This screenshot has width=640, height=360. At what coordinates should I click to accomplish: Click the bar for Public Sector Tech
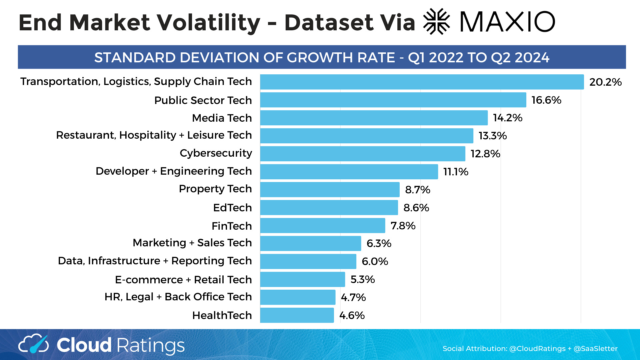coord(393,100)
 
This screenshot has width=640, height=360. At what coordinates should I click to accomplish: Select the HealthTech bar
coord(297,315)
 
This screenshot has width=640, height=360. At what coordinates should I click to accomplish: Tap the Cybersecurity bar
coord(363,154)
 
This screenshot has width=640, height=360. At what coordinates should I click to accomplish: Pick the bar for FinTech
coord(323,226)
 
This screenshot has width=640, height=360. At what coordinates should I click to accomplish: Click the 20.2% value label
coord(605,82)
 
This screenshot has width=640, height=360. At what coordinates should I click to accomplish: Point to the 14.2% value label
coord(508,118)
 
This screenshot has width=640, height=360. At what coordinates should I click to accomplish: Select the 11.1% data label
coord(456,172)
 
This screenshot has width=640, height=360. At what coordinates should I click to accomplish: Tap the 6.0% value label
coord(375,261)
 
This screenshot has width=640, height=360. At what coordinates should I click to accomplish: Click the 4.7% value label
coord(353,297)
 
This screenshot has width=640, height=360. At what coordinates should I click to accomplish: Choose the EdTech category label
coord(232,208)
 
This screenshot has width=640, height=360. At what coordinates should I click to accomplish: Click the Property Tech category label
coord(215,189)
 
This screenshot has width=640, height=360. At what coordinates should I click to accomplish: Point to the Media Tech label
coord(222,118)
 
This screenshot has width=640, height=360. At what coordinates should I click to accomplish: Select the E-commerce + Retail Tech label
coord(183,280)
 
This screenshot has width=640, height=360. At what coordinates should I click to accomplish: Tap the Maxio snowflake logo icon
coord(437,22)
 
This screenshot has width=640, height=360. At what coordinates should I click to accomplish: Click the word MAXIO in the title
coord(507,22)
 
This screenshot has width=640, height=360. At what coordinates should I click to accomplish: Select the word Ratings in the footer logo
coord(151,345)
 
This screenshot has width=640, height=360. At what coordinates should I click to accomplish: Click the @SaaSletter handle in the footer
coord(595,349)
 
